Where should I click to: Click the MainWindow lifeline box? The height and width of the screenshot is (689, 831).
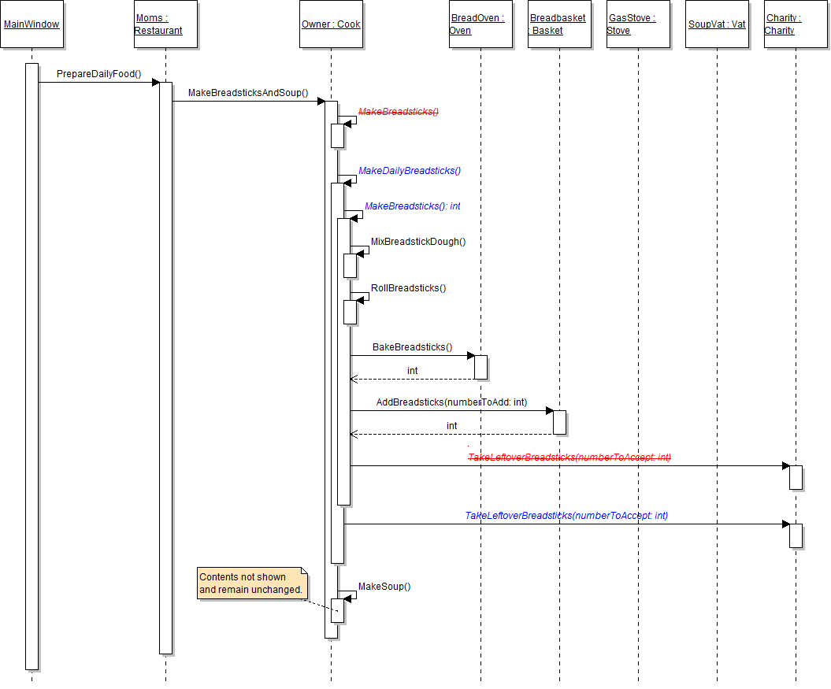point(32,24)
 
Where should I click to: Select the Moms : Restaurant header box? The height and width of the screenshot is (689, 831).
point(165,24)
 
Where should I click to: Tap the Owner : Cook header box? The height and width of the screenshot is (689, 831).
point(331,24)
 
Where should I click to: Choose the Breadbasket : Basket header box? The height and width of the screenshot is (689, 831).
point(559,24)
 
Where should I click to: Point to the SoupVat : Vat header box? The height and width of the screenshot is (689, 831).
point(717,24)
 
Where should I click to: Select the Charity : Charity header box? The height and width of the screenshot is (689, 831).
point(796,24)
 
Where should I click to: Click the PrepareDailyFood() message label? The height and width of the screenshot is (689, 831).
point(98,74)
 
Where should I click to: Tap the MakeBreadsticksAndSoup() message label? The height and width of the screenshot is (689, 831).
point(248,93)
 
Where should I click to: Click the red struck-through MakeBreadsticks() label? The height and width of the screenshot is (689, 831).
point(399,112)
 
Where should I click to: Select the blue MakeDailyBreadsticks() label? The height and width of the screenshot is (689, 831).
point(410,170)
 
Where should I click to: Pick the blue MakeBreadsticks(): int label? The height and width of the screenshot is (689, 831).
point(413,206)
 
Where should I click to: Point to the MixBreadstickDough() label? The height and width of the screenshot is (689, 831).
point(418,241)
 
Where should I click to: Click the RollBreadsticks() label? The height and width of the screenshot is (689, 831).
point(409,287)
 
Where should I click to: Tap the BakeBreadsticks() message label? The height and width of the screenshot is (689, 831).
point(413,346)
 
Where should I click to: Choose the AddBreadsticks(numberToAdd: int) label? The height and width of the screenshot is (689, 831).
point(451,402)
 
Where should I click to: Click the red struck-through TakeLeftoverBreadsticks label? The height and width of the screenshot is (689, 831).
point(569,457)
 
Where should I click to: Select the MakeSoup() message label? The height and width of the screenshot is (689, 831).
point(384,586)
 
